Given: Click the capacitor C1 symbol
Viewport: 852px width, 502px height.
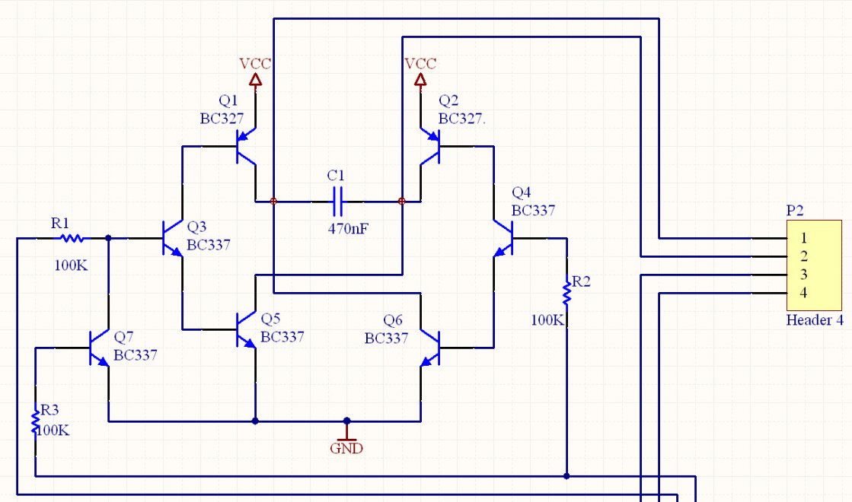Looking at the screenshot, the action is pyautogui.click(x=337, y=202).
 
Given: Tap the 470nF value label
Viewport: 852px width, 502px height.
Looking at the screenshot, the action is pyautogui.click(x=348, y=229).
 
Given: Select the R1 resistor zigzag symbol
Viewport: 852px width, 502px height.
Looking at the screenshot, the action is pyautogui.click(x=72, y=238).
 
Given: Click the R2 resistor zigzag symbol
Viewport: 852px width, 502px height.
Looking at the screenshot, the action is pyautogui.click(x=566, y=293).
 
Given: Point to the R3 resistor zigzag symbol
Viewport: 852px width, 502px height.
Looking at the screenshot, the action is pyautogui.click(x=36, y=421).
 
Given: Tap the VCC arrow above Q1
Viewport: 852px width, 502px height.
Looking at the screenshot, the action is pyautogui.click(x=255, y=80).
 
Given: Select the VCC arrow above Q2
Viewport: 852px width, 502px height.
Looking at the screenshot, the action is pyautogui.click(x=420, y=80).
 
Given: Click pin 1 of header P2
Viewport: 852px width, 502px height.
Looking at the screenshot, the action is pyautogui.click(x=803, y=238).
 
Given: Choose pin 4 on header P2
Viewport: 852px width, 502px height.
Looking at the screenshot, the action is pyautogui.click(x=803, y=293).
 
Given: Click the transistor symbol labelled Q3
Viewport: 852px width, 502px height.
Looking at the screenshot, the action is pyautogui.click(x=173, y=238).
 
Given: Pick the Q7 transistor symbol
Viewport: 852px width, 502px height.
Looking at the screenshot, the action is pyautogui.click(x=100, y=348).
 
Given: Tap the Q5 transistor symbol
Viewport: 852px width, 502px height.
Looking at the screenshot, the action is pyautogui.click(x=246, y=329).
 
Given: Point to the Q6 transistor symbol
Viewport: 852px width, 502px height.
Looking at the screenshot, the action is pyautogui.click(x=429, y=348).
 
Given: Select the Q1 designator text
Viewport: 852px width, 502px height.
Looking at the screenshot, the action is pyautogui.click(x=228, y=100).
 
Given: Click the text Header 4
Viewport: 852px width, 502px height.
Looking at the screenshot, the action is pyautogui.click(x=815, y=320).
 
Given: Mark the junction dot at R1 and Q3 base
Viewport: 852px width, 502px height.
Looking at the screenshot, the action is pyautogui.click(x=109, y=238).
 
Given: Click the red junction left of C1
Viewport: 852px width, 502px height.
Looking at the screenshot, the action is pyautogui.click(x=273, y=202).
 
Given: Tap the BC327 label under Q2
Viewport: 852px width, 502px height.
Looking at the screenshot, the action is pyautogui.click(x=461, y=119).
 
